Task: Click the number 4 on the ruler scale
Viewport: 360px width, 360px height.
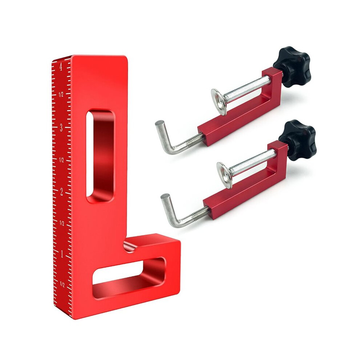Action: pyautogui.click(x=61, y=67)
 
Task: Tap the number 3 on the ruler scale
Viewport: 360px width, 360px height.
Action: pyautogui.click(x=61, y=128)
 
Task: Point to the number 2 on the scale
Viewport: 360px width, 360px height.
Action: pyautogui.click(x=61, y=192)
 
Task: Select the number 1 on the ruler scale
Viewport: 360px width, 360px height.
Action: pyautogui.click(x=61, y=255)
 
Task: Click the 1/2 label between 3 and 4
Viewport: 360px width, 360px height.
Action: pyautogui.click(x=61, y=94)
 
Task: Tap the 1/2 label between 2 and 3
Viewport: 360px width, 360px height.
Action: pyautogui.click(x=61, y=160)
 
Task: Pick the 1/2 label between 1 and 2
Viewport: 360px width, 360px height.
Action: pyautogui.click(x=61, y=223)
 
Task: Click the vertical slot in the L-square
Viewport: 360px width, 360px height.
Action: pyautogui.click(x=100, y=156)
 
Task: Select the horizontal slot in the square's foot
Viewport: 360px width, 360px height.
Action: pyautogui.click(x=129, y=278)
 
